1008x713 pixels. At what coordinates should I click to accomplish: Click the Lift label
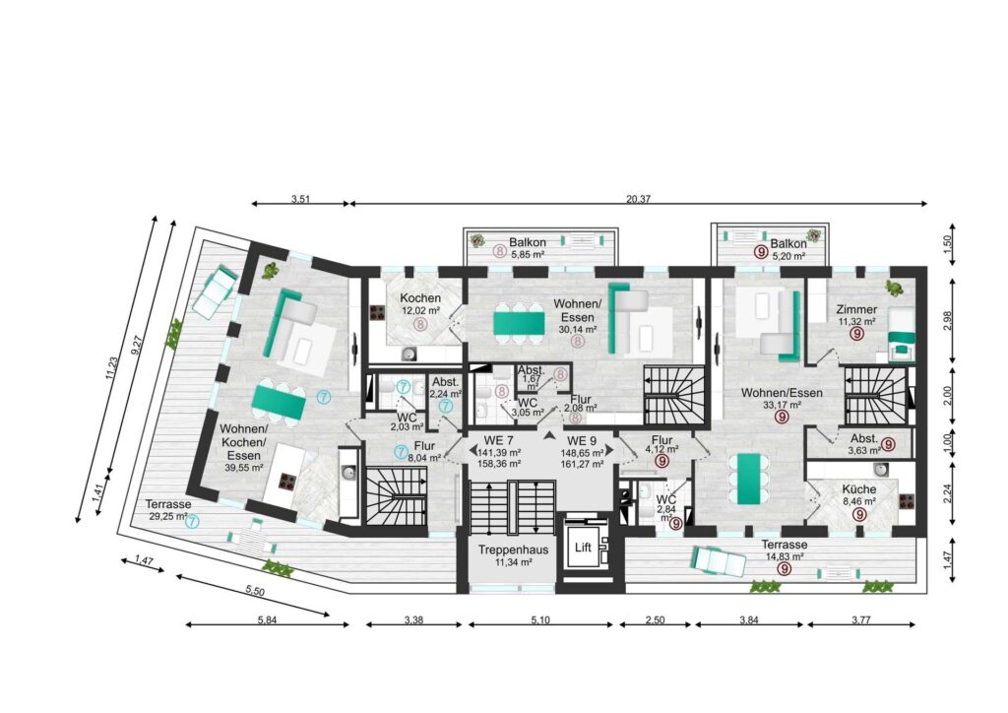click(x=583, y=548)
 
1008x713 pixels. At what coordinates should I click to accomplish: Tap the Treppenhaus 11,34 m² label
click(x=513, y=556)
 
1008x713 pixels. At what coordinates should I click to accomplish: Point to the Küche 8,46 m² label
click(x=858, y=495)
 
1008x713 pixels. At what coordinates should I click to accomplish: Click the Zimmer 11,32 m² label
click(x=857, y=316)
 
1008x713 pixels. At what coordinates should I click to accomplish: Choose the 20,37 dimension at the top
click(x=638, y=199)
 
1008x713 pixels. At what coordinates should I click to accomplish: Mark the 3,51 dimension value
click(x=300, y=199)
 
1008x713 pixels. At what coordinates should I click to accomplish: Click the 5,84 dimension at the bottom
click(x=267, y=620)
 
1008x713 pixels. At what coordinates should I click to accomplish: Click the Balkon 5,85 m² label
click(x=528, y=248)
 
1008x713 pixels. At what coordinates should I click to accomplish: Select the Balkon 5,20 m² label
click(x=788, y=249)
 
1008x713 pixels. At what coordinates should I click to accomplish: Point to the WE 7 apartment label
click(x=498, y=441)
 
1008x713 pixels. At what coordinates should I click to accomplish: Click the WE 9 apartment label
click(x=582, y=441)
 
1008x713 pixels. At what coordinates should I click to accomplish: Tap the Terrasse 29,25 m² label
click(x=167, y=510)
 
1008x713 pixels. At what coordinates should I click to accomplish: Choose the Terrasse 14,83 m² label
click(x=785, y=551)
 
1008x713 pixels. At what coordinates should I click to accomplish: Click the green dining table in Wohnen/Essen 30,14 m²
click(x=518, y=323)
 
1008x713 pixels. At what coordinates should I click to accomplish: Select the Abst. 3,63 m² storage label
click(x=863, y=444)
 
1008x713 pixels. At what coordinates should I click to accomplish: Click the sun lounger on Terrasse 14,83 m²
click(x=719, y=561)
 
